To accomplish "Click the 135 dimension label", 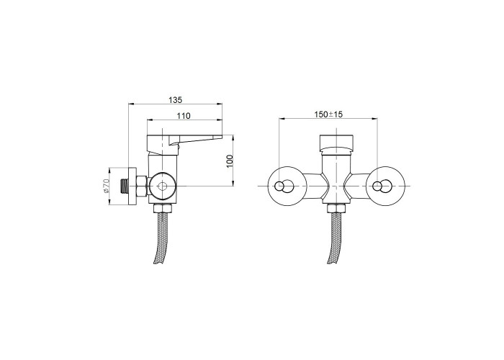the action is click(176, 100).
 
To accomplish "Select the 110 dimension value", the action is click(184, 116).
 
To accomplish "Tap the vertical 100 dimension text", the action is click(230, 161).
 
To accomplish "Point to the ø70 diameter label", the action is click(107, 186).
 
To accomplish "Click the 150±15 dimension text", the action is click(328, 114).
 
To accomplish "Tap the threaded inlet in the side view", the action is click(123, 186).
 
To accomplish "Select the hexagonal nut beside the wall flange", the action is click(142, 186).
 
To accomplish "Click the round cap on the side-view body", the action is click(162, 186).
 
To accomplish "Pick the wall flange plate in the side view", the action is click(132, 186).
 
